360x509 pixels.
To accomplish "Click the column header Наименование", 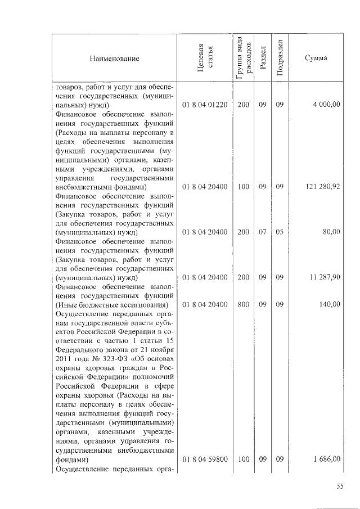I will (x=113, y=58).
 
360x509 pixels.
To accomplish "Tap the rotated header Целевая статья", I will (x=205, y=58).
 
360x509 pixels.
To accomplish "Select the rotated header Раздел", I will (x=263, y=58).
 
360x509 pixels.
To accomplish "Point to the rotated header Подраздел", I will (x=280, y=58).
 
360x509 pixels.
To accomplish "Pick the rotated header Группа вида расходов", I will (x=243, y=58).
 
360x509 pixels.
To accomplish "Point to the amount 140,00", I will (x=330, y=304).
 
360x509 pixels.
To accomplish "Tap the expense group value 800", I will (x=243, y=304).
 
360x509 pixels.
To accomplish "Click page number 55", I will (x=339, y=487).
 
